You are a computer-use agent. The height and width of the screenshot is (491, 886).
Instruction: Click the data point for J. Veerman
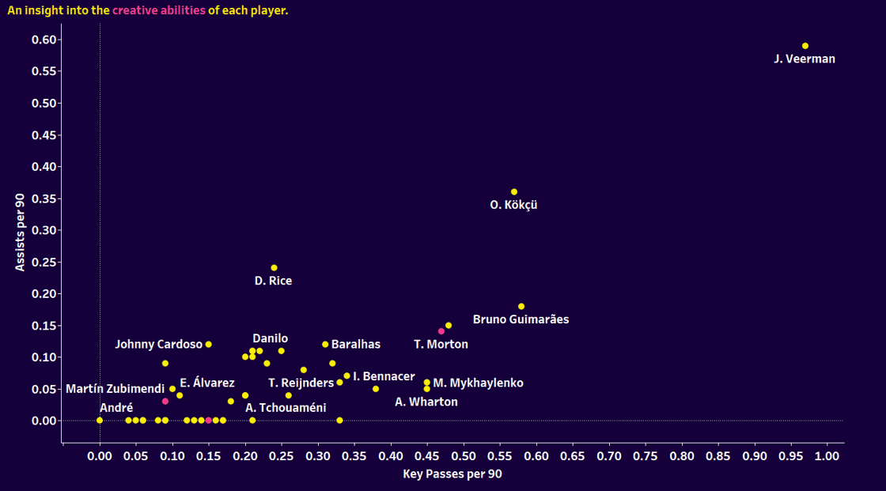pos(805,46)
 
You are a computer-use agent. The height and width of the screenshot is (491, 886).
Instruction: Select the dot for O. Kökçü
pos(514,192)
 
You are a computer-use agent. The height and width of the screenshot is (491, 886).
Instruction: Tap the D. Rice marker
pos(275,268)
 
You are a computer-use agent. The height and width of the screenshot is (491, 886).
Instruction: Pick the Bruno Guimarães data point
pos(521,307)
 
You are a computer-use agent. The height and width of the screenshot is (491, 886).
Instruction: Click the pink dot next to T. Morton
pos(441,331)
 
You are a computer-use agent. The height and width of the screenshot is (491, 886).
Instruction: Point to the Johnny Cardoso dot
pos(209,345)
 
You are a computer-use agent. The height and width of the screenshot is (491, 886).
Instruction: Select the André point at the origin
pos(100,421)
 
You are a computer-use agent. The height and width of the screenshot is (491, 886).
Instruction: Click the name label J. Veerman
pos(805,59)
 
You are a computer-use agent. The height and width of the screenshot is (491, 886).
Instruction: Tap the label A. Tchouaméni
pos(286,408)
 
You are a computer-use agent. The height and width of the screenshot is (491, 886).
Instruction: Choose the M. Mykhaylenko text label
pos(478,383)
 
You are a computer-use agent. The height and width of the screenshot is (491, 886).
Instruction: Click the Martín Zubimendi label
pos(115,389)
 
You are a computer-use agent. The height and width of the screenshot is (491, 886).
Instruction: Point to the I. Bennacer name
pos(384,377)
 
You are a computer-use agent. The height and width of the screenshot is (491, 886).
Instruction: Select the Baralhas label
pos(356,345)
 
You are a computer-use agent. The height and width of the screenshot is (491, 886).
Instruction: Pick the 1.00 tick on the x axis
pos(827,457)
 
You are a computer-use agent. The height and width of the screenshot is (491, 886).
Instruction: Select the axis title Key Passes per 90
pos(452,474)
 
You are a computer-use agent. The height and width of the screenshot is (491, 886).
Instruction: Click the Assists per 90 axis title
pos(21,230)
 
